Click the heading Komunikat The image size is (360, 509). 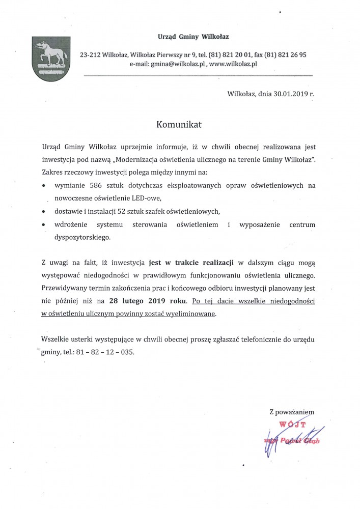[x=179, y=124]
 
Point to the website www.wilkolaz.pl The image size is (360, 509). [x=233, y=64]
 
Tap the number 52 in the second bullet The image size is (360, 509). [x=122, y=211]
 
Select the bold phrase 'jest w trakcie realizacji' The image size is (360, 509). [x=191, y=263]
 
